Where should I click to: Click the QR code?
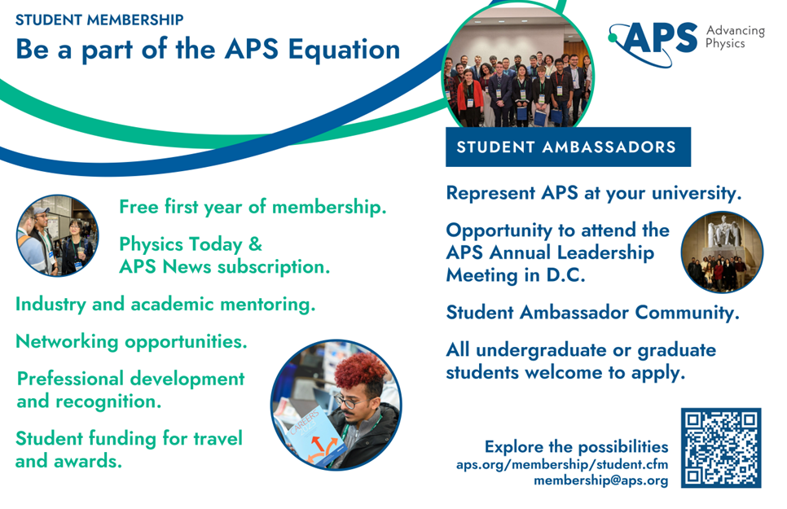click(721, 448)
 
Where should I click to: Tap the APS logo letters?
click(658, 38)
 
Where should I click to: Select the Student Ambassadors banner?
click(568, 147)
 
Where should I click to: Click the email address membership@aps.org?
click(600, 480)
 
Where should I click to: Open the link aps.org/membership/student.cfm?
click(562, 464)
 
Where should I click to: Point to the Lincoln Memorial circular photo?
click(722, 252)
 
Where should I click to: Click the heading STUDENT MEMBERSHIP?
click(99, 20)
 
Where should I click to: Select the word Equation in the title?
click(345, 49)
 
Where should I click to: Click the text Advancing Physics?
click(736, 37)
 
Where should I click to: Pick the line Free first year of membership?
click(253, 207)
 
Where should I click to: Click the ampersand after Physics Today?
click(256, 244)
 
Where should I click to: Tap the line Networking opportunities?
click(131, 342)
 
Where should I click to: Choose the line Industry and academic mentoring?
click(165, 305)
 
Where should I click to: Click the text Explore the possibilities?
click(576, 446)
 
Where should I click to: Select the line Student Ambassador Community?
click(593, 312)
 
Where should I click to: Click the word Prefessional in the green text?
click(71, 379)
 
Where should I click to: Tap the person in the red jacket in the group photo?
click(470, 99)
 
